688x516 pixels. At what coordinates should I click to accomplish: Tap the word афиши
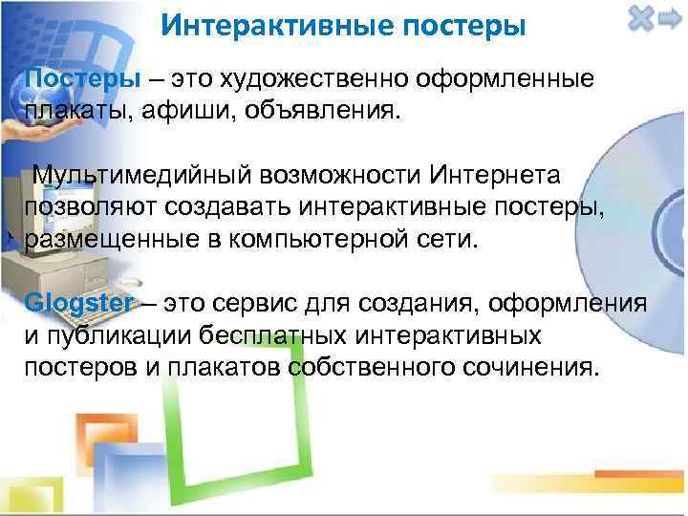[179, 111]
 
